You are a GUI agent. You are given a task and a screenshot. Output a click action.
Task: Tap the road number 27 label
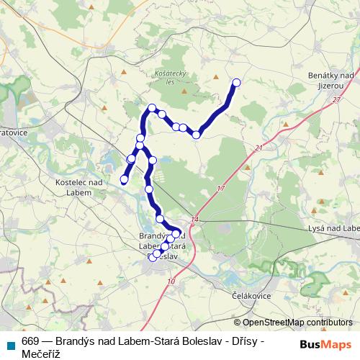pos(336,101)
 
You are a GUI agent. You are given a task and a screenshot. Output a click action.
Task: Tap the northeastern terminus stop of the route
pos(235,82)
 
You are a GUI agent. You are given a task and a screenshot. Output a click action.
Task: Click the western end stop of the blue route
pos(124,179)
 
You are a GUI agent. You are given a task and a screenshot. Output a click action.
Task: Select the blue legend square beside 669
pos(9,344)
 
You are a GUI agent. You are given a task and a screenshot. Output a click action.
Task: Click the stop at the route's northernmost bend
pos(152,108)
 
